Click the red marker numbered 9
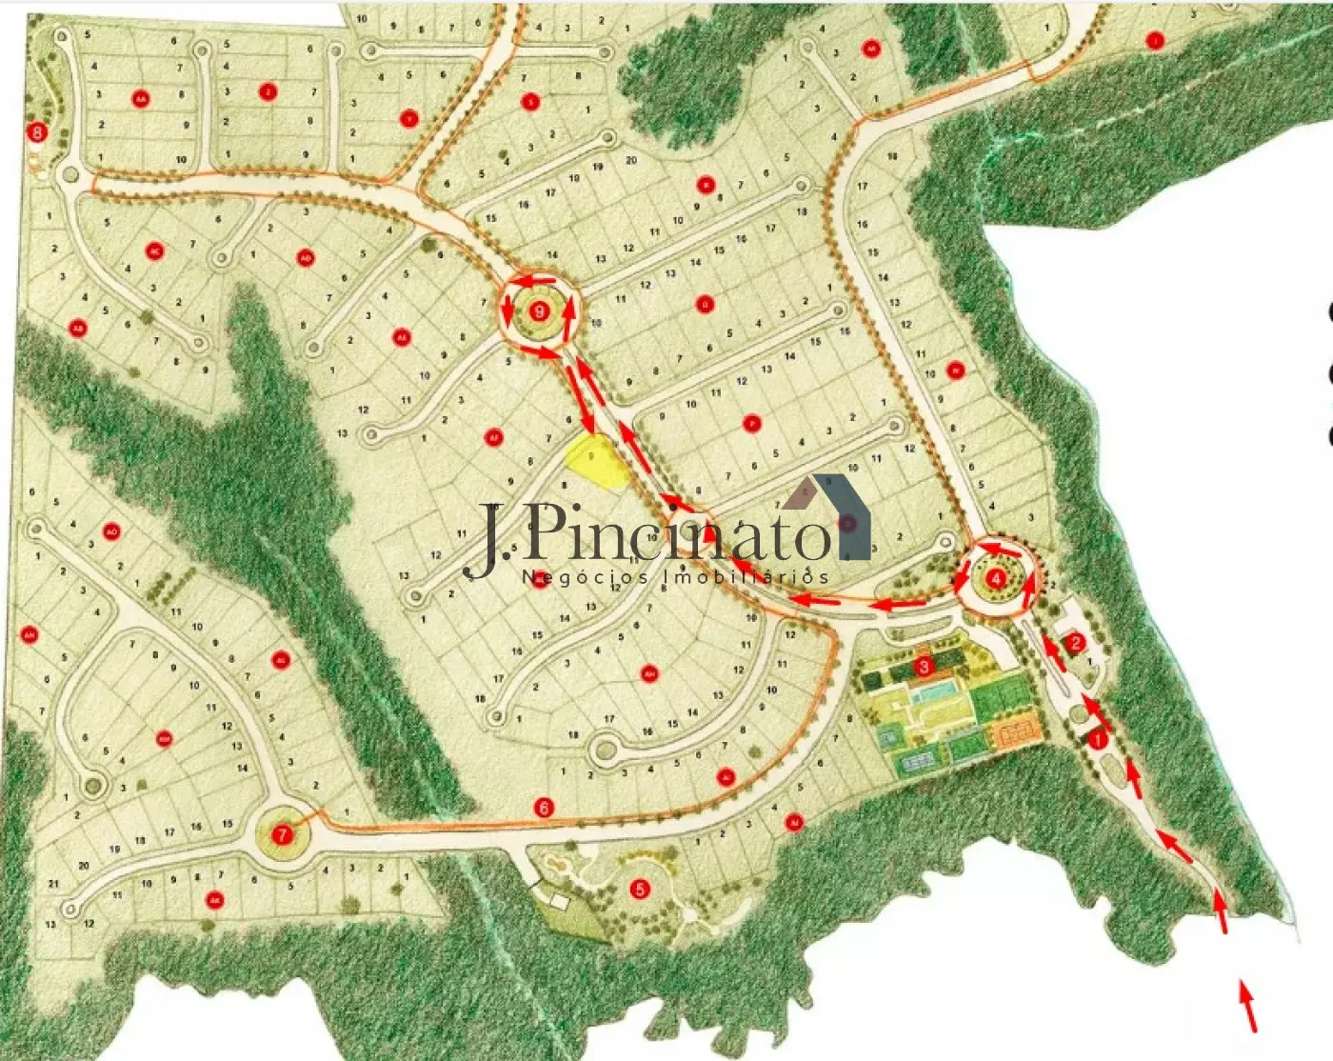pos(540,310)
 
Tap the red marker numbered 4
pos(996,578)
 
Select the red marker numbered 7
pos(282,835)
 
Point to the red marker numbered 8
pos(38,132)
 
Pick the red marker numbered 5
pos(640,889)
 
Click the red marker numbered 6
pos(544,808)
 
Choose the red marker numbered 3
pos(923,667)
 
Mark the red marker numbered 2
pos(1075,642)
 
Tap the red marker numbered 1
pos(1097,739)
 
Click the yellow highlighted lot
pos(594,460)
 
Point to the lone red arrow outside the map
pos(1248,1007)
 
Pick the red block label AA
pos(141,98)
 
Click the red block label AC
pos(154,251)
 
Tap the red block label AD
pos(306,258)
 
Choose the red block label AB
pos(78,329)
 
